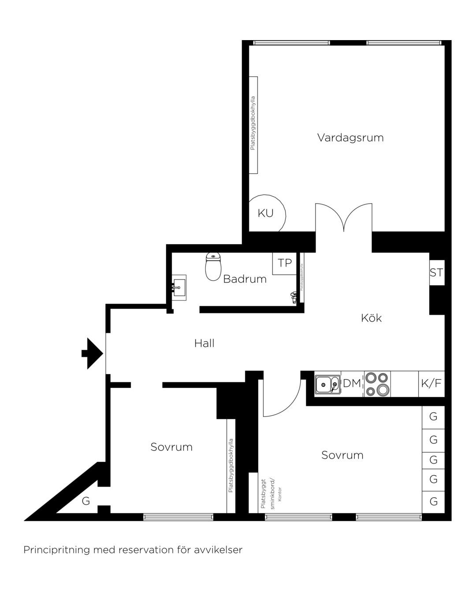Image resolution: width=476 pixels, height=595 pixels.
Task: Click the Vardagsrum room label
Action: coord(350,138)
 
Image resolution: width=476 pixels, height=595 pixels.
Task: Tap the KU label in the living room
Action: coord(265,213)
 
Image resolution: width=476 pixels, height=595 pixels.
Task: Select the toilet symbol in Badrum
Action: coord(213,266)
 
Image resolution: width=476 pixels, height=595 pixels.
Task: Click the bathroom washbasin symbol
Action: coord(178,287)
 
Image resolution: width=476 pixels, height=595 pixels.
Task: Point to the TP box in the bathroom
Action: coord(285,263)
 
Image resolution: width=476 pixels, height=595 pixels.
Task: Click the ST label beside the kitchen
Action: coord(436,273)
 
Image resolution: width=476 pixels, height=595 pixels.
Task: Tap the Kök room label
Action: coord(371,318)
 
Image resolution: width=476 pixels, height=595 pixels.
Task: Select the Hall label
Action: coord(204,343)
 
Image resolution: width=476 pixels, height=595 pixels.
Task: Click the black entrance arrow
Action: coord(93,353)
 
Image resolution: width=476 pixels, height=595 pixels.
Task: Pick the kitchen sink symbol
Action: coord(327,385)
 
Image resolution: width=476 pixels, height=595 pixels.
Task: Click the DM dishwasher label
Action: coord(352,383)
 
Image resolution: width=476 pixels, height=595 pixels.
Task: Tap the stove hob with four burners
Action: coord(377,384)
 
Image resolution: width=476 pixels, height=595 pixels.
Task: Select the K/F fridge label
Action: coord(431,383)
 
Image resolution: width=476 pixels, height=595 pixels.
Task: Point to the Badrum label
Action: coord(245,279)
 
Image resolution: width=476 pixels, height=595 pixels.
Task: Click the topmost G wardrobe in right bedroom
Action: coord(433,416)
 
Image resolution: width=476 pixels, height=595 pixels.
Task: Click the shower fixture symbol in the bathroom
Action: coord(294,297)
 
